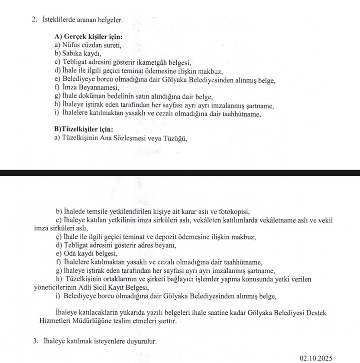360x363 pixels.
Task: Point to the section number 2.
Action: pyautogui.click(x=34, y=20)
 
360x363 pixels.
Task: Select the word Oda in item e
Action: pyautogui.click(x=69, y=254)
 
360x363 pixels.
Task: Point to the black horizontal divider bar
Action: pyautogui.click(x=180, y=172)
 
